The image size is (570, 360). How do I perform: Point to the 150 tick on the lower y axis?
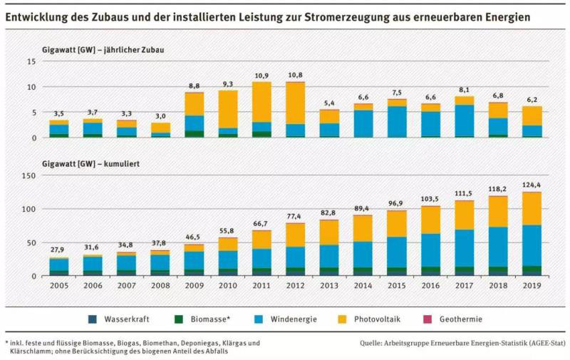coord(29,175)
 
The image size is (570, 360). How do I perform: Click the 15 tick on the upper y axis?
coord(31,61)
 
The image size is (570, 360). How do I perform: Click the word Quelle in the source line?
coord(374,343)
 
